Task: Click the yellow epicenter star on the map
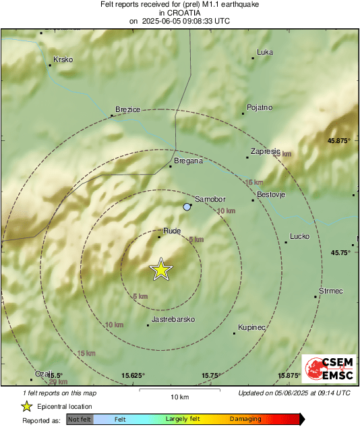click(161, 269)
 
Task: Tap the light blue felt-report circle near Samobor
click(187, 206)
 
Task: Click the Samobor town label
click(210, 200)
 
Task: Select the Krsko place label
click(63, 59)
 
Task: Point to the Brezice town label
click(127, 109)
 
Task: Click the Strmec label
click(331, 291)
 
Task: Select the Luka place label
click(265, 52)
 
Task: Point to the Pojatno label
click(260, 107)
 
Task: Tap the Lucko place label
click(299, 237)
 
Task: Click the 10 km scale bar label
click(179, 396)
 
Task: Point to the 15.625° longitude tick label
click(133, 375)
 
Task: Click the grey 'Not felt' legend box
click(80, 419)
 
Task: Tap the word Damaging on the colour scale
click(246, 419)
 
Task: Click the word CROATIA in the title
click(180, 12)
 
